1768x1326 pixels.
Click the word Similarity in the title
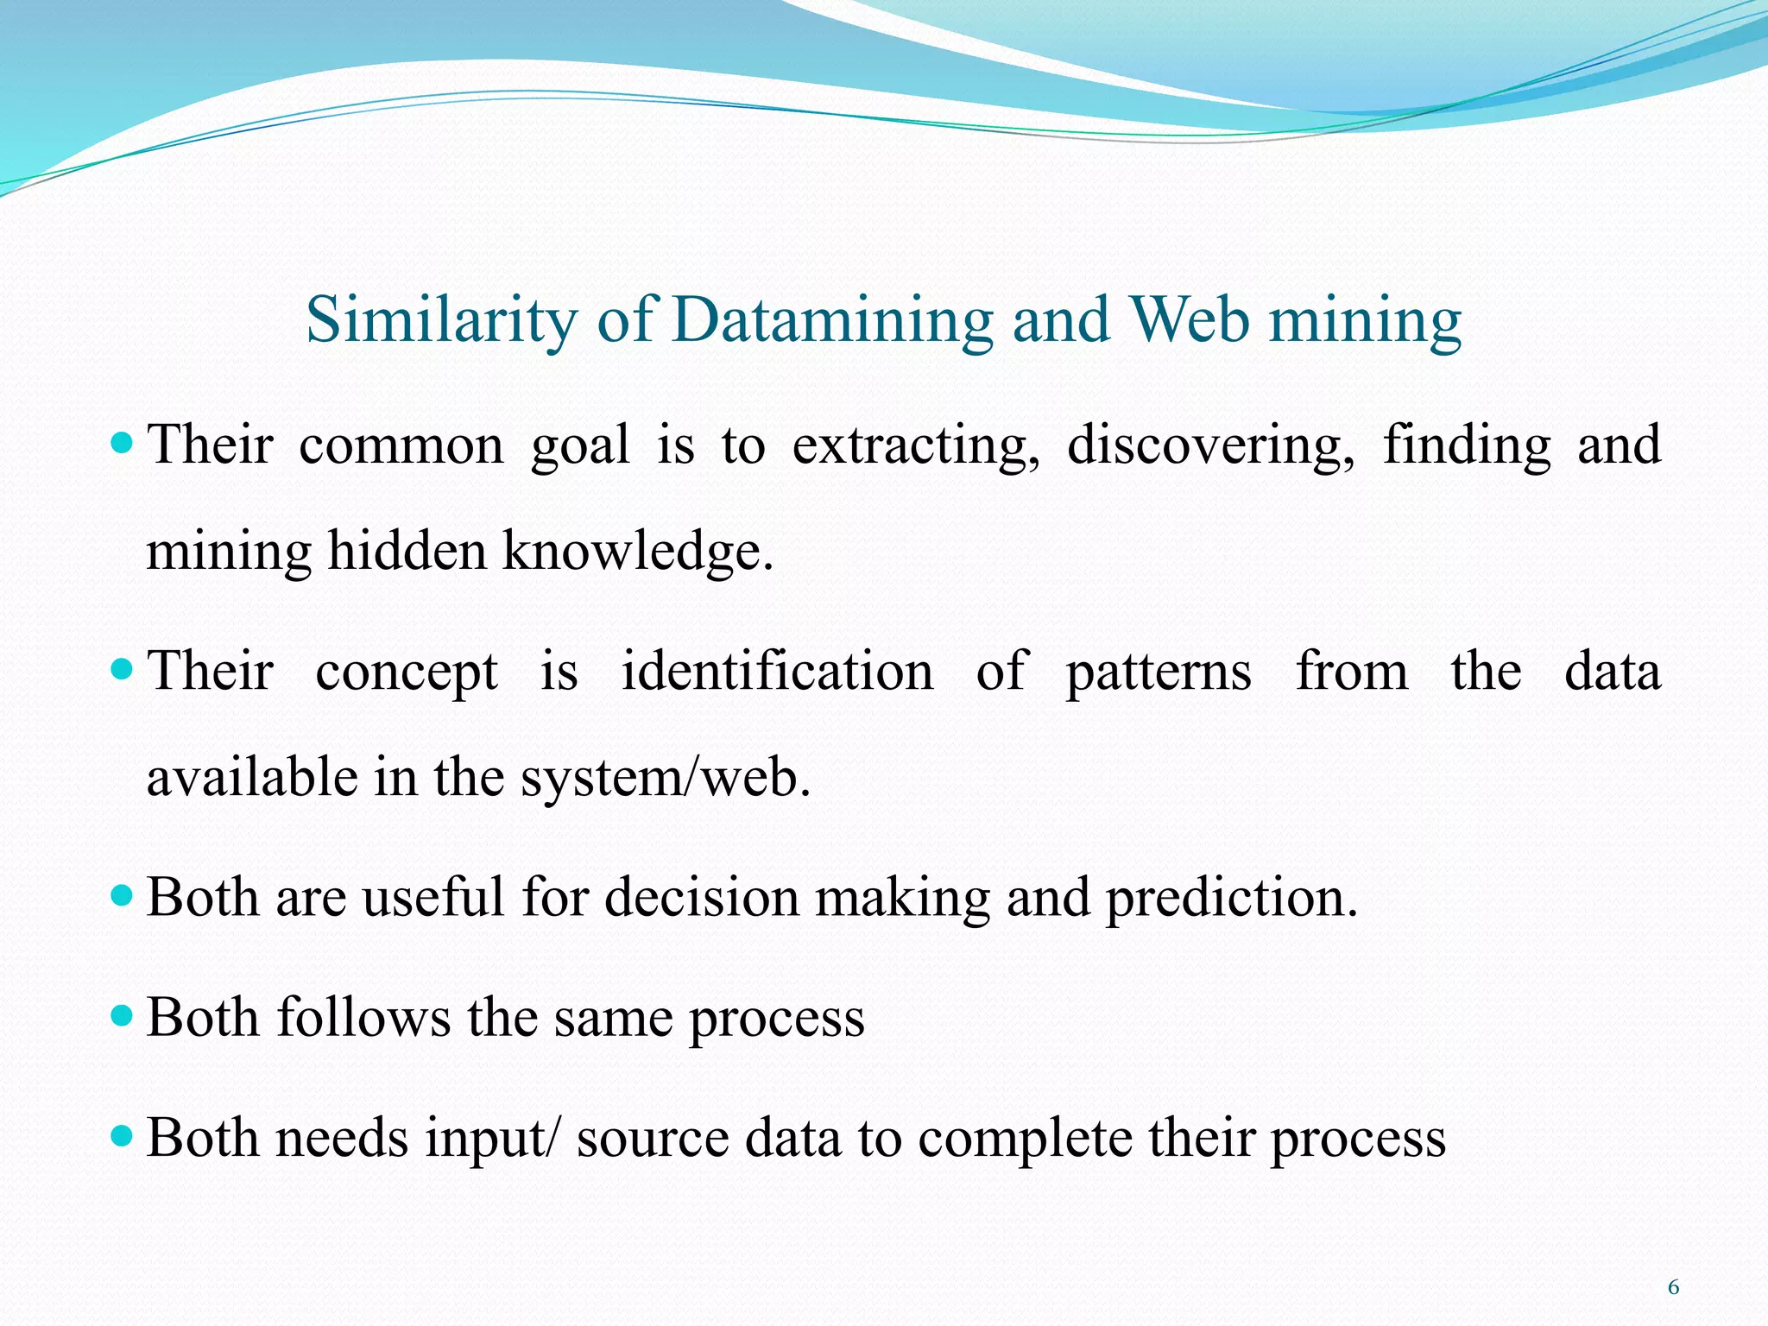442,320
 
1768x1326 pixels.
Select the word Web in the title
1189,320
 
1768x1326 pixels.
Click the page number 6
1673,1288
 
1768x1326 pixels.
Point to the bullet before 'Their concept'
123,670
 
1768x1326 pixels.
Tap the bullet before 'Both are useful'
123,896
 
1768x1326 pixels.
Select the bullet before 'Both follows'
123,1016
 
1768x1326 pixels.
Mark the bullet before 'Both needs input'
123,1136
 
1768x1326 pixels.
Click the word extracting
915,446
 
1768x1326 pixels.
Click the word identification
777,672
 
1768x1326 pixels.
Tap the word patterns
1158,673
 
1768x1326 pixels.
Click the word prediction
1231,899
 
